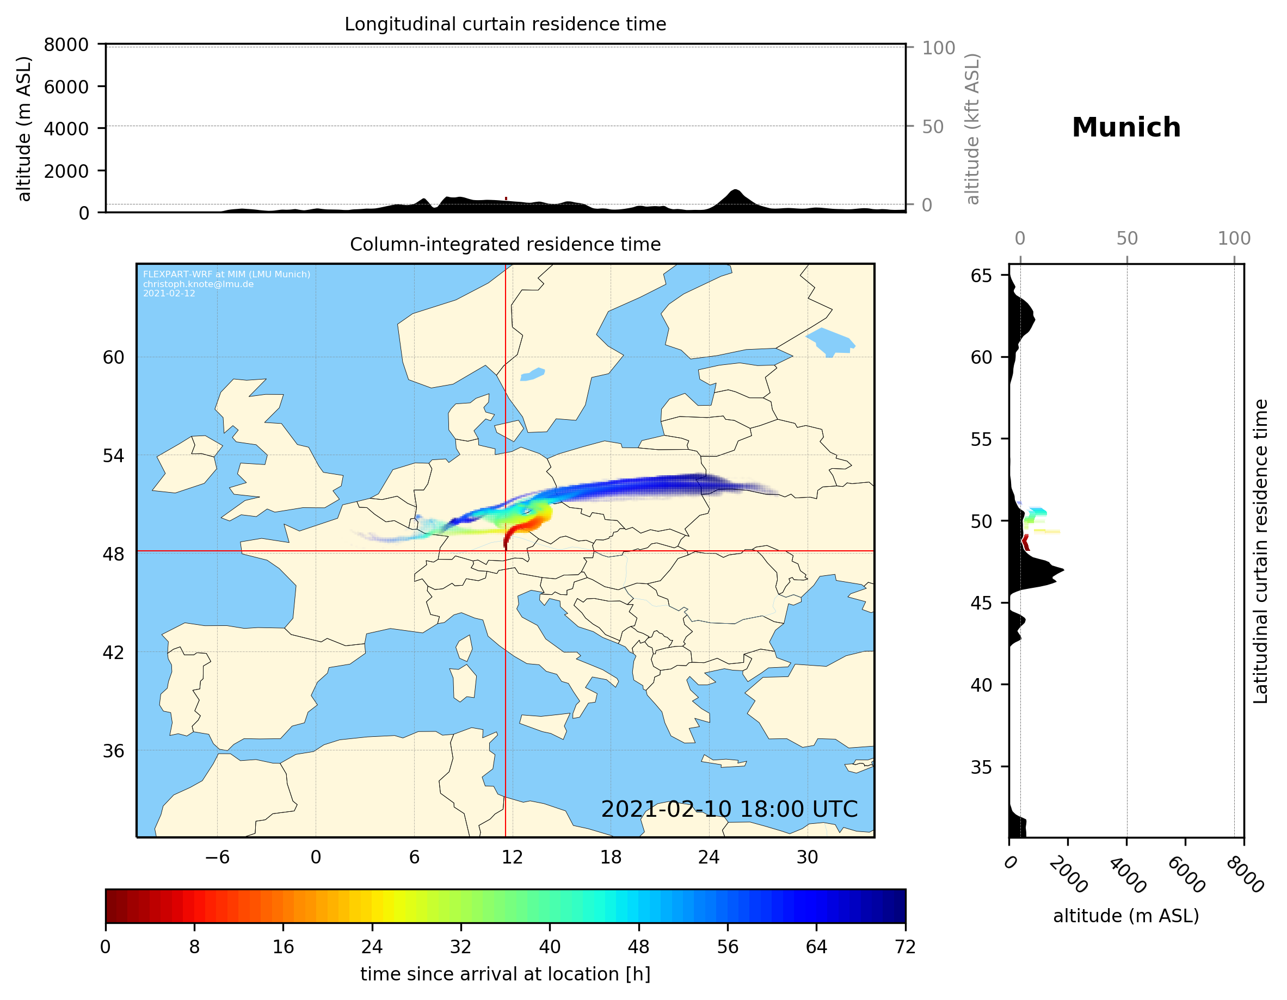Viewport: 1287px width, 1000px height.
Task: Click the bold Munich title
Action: (x=1125, y=128)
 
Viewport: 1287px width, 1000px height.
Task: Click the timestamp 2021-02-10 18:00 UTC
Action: (x=729, y=809)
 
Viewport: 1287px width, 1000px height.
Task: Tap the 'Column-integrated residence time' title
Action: (x=505, y=244)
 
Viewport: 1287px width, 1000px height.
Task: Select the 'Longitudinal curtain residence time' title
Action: (x=505, y=24)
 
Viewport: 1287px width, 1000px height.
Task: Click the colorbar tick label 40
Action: (x=549, y=947)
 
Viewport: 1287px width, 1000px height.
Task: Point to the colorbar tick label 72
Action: (x=904, y=947)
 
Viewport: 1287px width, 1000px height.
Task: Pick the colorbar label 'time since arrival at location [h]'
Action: (x=505, y=974)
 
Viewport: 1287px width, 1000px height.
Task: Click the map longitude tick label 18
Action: (x=611, y=857)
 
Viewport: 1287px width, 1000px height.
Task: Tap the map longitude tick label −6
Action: (x=217, y=857)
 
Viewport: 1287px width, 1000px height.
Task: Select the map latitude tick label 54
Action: (x=113, y=456)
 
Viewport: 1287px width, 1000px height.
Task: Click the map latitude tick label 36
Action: (x=113, y=751)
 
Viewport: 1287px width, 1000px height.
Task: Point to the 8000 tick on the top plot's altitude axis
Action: (x=66, y=45)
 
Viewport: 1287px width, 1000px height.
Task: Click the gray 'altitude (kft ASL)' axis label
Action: (x=972, y=128)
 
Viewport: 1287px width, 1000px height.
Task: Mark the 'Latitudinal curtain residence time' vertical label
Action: (x=1260, y=551)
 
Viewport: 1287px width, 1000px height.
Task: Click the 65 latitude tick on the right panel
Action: (x=981, y=276)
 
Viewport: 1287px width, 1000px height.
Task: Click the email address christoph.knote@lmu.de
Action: (x=198, y=284)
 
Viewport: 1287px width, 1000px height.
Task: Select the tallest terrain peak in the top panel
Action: (x=734, y=191)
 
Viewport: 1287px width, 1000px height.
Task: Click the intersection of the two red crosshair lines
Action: (x=506, y=551)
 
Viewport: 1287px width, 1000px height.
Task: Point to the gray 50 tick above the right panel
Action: (x=1126, y=239)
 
